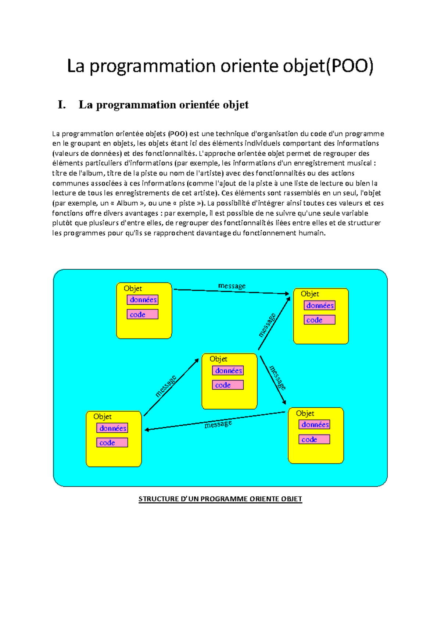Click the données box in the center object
(228, 370)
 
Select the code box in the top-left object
(143, 314)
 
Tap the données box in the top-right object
(320, 305)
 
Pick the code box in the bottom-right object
(314, 439)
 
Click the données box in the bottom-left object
(112, 428)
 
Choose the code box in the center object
(228, 385)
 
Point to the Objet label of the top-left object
(133, 288)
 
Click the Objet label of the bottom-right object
(305, 413)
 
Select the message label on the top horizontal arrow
(232, 286)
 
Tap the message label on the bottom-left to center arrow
(166, 386)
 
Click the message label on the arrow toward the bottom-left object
(218, 424)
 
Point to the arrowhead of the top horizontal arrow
(287, 294)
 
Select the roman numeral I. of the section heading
(62, 105)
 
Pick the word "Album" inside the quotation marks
(127, 203)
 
